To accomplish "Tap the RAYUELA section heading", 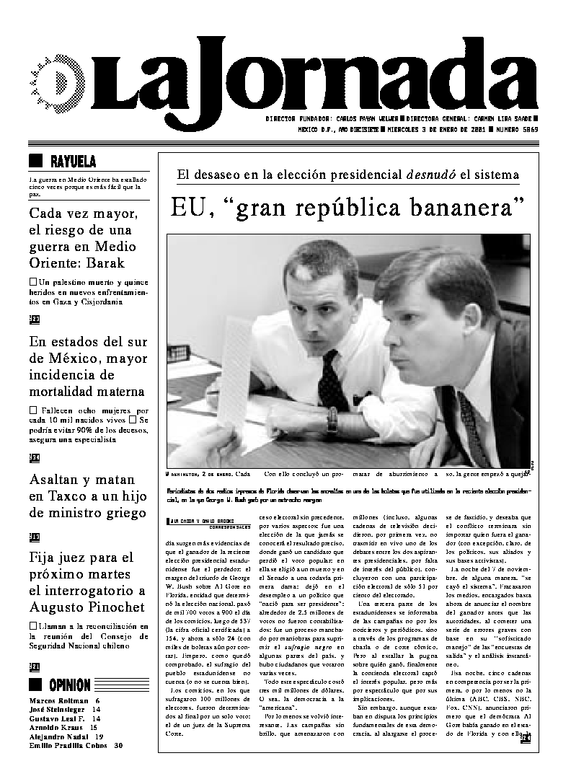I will pyautogui.click(x=73, y=162).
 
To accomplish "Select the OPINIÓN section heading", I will pyautogui.click(x=70, y=685).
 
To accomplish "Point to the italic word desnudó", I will pyautogui.click(x=430, y=175).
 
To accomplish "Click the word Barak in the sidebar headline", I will pyautogui.click(x=105, y=263).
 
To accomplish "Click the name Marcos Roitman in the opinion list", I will pyautogui.click(x=57, y=700).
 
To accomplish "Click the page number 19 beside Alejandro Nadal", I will pyautogui.click(x=99, y=736).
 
